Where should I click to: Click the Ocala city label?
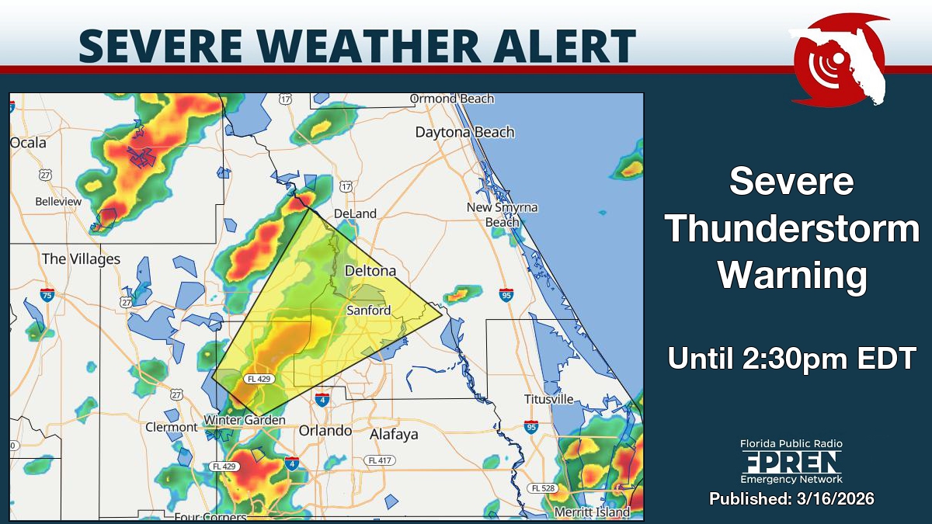click(x=28, y=143)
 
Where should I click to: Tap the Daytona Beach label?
click(x=464, y=132)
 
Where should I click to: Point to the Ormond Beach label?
click(x=451, y=99)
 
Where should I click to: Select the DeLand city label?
click(x=354, y=213)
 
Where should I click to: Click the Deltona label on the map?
click(x=370, y=271)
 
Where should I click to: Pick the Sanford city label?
click(x=368, y=310)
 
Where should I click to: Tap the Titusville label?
click(x=548, y=399)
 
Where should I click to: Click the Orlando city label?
click(x=325, y=431)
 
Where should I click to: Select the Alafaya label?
click(x=394, y=434)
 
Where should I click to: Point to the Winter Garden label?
click(x=244, y=420)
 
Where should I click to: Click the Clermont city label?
click(x=172, y=427)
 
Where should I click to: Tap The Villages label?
click(x=81, y=259)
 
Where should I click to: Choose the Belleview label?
click(x=58, y=201)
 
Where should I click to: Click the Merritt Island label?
click(x=592, y=512)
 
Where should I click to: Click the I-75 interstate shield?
click(x=47, y=295)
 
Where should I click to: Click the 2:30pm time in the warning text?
click(x=799, y=359)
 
